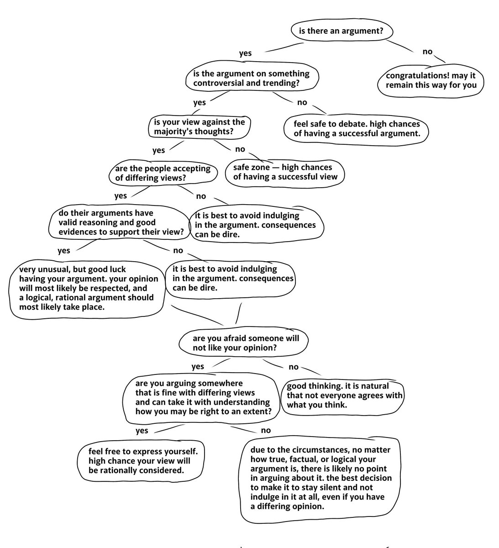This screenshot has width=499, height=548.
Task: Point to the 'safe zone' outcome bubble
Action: [285, 172]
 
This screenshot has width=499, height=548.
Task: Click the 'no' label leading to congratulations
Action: [427, 52]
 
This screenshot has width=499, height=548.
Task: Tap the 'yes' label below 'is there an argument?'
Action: [245, 53]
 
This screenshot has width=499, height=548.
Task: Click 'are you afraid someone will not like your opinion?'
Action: [246, 342]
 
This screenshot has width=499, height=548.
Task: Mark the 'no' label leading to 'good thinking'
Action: [294, 367]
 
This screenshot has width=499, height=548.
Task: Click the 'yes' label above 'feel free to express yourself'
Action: [142, 430]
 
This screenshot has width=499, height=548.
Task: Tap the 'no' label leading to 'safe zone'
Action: [240, 149]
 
